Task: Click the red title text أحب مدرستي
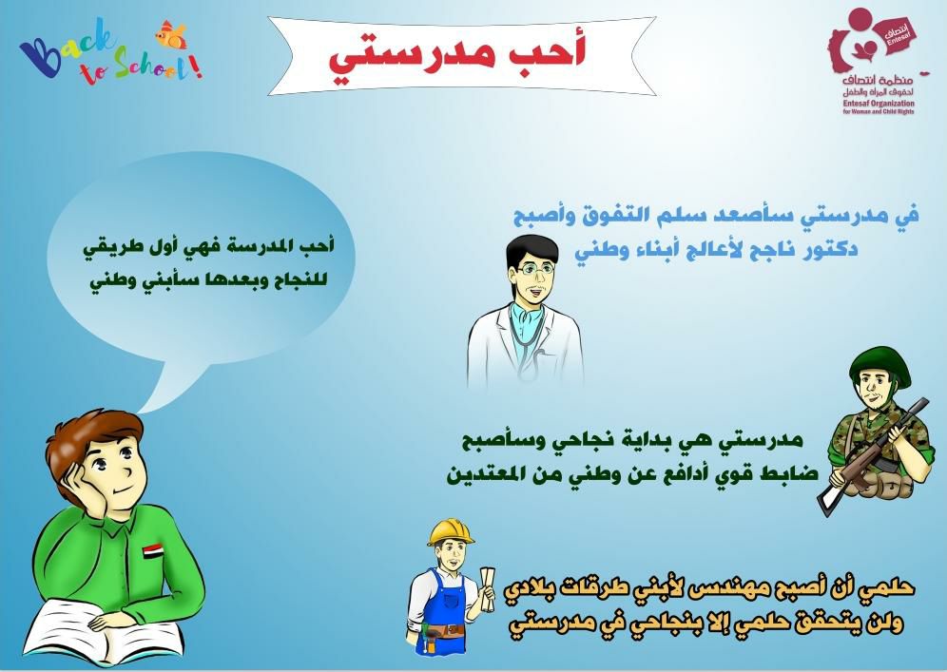(457, 54)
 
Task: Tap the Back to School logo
(110, 51)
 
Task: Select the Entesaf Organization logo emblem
(870, 46)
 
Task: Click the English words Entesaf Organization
(879, 104)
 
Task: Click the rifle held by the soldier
(873, 457)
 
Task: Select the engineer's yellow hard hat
(451, 532)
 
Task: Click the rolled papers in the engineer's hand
(487, 587)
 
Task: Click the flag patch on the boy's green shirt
(153, 550)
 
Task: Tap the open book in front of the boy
(104, 631)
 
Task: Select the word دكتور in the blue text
(832, 249)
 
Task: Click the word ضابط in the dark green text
(792, 473)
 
